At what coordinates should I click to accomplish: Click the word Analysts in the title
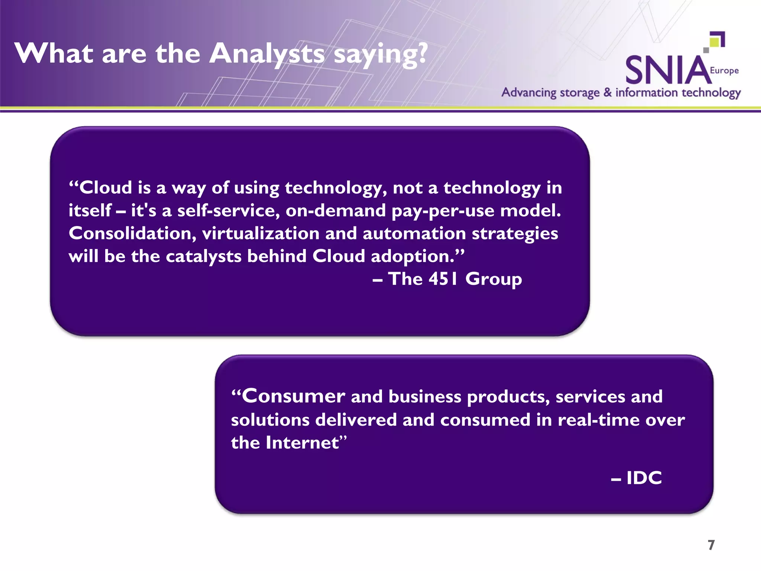click(267, 54)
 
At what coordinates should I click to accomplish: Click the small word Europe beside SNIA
click(724, 71)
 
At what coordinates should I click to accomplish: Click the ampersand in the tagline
click(607, 92)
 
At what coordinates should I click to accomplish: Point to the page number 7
click(711, 545)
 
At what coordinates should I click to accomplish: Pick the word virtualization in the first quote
click(260, 233)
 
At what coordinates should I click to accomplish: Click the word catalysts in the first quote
click(204, 257)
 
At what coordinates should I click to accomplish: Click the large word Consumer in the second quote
click(294, 396)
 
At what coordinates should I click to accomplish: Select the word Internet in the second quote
click(302, 443)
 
